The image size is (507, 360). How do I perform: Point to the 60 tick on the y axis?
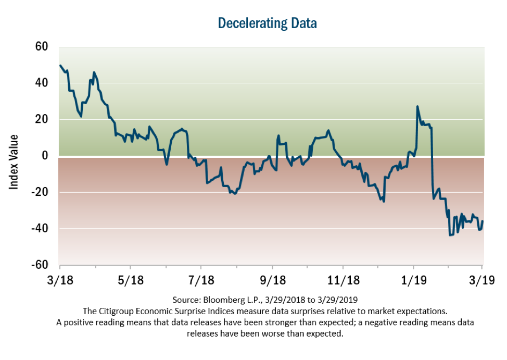point(42,47)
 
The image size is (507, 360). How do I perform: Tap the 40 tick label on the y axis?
point(42,83)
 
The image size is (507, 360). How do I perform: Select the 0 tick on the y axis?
point(45,156)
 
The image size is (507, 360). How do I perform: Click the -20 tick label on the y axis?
point(40,192)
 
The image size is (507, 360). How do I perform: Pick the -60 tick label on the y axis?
point(40,265)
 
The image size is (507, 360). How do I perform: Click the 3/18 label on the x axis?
point(59,280)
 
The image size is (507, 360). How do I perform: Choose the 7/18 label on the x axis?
point(201,280)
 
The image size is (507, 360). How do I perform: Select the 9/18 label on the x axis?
point(272,280)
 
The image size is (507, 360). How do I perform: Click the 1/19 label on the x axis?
point(413,280)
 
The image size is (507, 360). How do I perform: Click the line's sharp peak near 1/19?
point(417,107)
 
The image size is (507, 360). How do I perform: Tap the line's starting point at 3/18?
point(60,66)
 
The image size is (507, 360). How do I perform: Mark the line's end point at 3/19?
point(483,221)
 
